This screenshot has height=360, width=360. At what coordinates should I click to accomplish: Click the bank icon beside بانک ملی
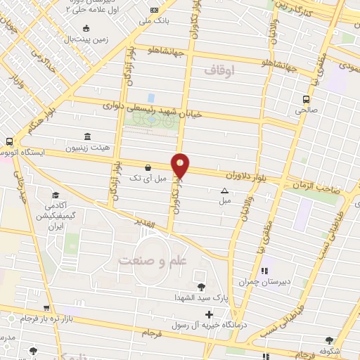click(x=155, y=9)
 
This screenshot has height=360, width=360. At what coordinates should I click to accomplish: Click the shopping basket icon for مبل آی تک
click(x=148, y=168)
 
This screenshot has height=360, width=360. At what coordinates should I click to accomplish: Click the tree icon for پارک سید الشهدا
click(x=202, y=286)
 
